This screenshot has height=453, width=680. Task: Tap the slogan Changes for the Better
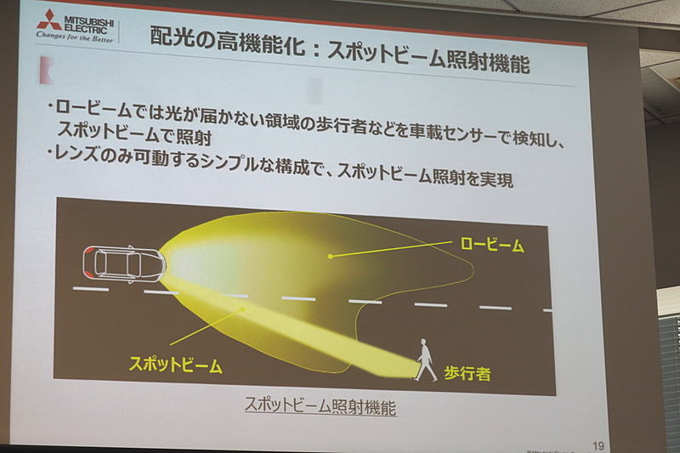(75, 37)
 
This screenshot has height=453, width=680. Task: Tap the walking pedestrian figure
(422, 360)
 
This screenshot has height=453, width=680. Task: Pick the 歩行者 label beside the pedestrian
(467, 372)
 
